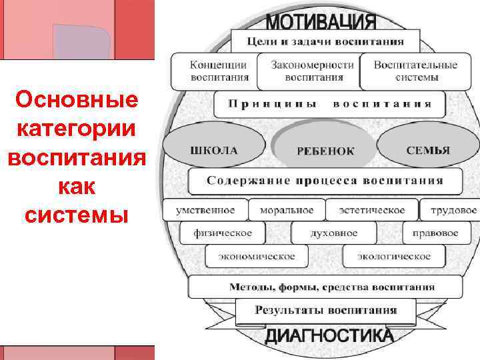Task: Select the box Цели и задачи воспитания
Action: click(325, 41)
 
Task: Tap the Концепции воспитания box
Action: click(213, 71)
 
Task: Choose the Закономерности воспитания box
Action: click(307, 71)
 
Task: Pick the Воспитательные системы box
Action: click(415, 71)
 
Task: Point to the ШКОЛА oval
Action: click(213, 149)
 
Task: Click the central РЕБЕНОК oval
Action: click(325, 151)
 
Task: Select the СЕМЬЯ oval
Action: click(427, 149)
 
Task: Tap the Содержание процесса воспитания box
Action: click(325, 181)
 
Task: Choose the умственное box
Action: click(205, 210)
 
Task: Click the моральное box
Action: click(287, 210)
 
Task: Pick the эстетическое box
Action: click(372, 210)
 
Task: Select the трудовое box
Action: click(453, 210)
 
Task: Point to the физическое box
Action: click(222, 233)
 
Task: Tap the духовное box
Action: click(333, 233)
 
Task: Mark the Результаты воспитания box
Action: click(325, 310)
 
